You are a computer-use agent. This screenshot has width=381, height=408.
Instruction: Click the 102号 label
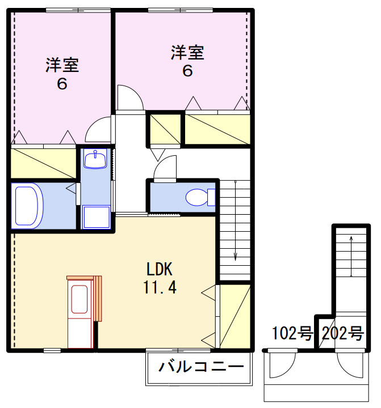[x=292, y=334]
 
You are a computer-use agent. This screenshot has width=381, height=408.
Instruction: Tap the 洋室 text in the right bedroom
[x=187, y=53]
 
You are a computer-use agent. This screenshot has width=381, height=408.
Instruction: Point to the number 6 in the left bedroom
[x=62, y=84]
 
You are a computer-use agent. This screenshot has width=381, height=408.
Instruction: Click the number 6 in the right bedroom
[x=187, y=71]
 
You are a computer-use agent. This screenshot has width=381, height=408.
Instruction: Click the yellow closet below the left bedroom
[x=43, y=163]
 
